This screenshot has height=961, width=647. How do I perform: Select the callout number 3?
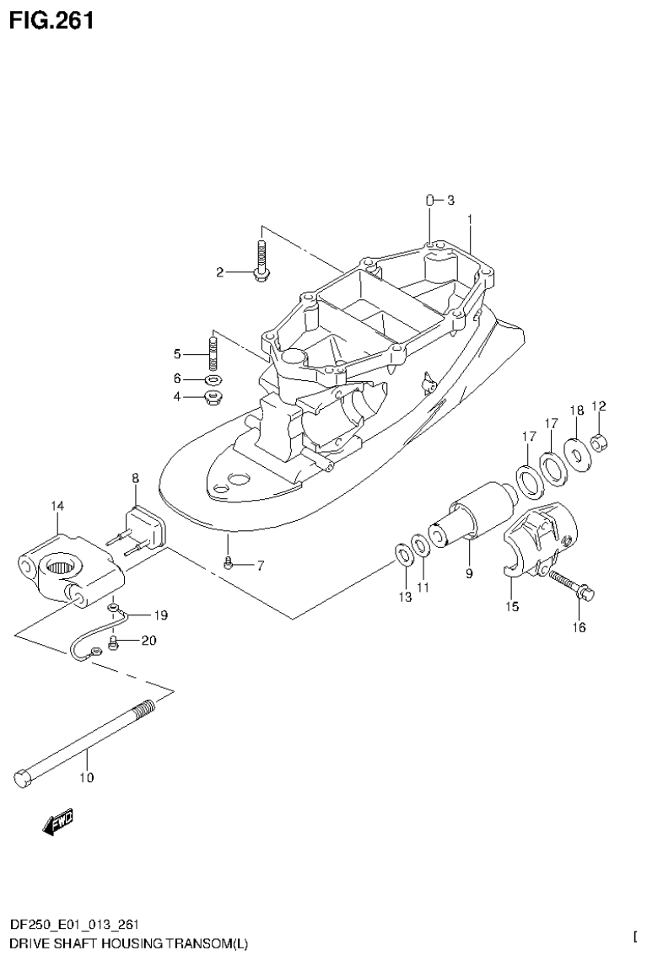[450, 200]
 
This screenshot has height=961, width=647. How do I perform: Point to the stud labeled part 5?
[213, 352]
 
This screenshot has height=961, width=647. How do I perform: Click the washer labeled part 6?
[213, 378]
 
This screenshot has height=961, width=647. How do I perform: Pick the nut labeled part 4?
[213, 396]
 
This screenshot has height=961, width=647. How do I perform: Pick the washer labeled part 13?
[404, 556]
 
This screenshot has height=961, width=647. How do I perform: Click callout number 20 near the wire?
[148, 641]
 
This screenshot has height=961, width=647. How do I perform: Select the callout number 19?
[160, 615]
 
